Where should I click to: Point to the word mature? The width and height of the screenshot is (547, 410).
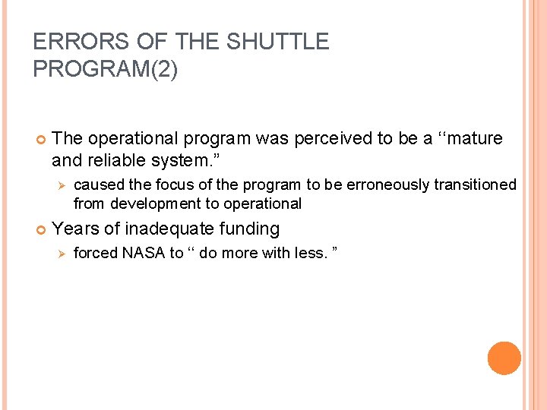click(x=473, y=138)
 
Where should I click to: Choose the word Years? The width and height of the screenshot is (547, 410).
click(x=76, y=229)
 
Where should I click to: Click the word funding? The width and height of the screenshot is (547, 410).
click(x=249, y=229)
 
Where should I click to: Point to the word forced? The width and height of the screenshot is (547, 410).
click(x=96, y=253)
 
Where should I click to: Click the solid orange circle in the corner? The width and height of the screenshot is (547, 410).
click(x=504, y=358)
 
